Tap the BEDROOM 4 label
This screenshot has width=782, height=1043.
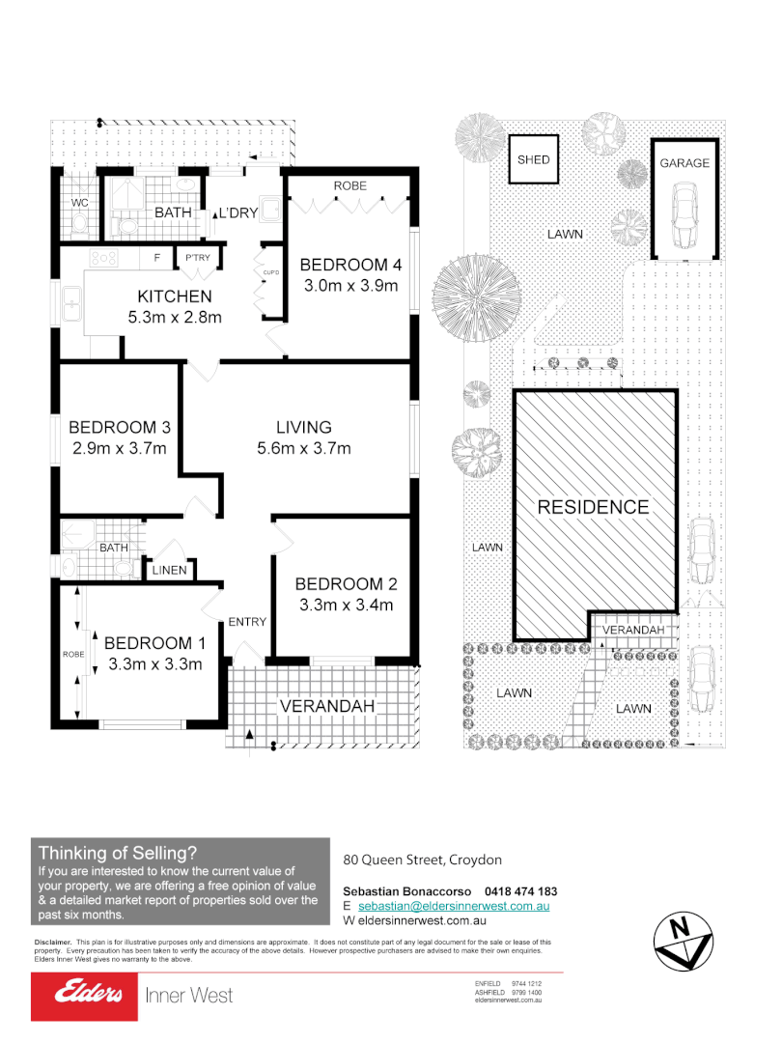tap(350, 265)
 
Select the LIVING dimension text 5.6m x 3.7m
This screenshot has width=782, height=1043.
tap(303, 448)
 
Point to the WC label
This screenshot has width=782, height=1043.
tap(80, 203)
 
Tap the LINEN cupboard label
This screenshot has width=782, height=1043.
tap(169, 572)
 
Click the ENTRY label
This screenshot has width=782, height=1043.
tap(246, 622)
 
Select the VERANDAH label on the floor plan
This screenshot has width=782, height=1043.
tap(326, 706)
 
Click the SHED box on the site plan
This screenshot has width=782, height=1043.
tap(533, 159)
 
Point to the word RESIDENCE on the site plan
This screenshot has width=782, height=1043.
tap(593, 507)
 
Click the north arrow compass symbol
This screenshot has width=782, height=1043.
tap(683, 940)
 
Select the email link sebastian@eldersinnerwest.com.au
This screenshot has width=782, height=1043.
tap(454, 907)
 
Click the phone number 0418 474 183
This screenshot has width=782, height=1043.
tap(521, 890)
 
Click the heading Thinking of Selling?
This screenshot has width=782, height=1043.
tap(118, 853)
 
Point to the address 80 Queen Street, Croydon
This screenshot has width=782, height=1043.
tap(423, 860)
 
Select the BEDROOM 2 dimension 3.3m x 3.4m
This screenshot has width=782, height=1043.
tap(345, 606)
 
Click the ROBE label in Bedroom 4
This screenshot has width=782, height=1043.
tap(349, 185)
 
